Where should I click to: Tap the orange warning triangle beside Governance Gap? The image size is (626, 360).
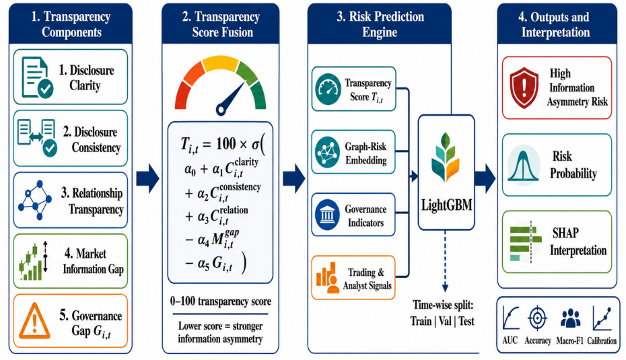pyautogui.click(x=35, y=320)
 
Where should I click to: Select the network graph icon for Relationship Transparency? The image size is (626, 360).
pyautogui.click(x=35, y=201)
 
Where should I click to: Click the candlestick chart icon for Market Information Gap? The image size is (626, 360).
pyautogui.click(x=33, y=261)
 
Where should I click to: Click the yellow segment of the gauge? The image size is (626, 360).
pyautogui.click(x=220, y=64)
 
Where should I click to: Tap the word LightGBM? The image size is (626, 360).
pyautogui.click(x=446, y=205)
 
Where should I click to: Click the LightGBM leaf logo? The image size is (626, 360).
pyautogui.click(x=446, y=157)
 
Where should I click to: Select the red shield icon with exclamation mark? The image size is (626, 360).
pyautogui.click(x=524, y=87)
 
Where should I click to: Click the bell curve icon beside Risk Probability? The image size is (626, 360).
pyautogui.click(x=524, y=166)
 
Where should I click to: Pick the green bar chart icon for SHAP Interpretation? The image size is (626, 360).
pyautogui.click(x=526, y=242)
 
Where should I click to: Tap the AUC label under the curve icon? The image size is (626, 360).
pyautogui.click(x=510, y=340)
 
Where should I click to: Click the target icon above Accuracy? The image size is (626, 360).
pyautogui.click(x=537, y=318)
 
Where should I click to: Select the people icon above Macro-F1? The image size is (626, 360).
pyautogui.click(x=570, y=318)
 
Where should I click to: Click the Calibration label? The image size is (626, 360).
pyautogui.click(x=602, y=341)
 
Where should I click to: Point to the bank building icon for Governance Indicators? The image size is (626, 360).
pyautogui.click(x=327, y=215)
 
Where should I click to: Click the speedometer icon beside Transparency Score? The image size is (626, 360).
pyautogui.click(x=328, y=89)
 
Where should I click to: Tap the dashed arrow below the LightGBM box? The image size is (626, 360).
pyautogui.click(x=445, y=261)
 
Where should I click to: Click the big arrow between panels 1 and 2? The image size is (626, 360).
pyautogui.click(x=147, y=178)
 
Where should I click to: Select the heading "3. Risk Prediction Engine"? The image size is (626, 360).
pyautogui.click(x=380, y=24)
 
